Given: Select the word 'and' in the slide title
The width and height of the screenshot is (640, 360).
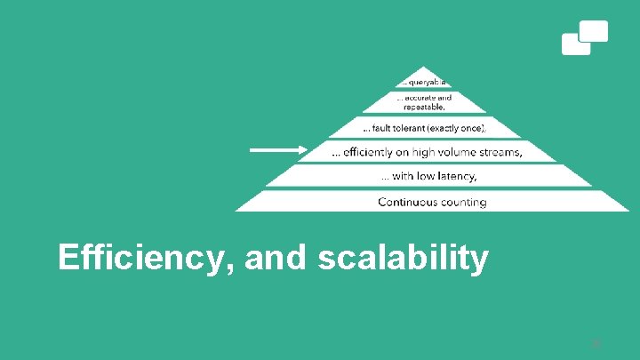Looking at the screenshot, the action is point(275,258).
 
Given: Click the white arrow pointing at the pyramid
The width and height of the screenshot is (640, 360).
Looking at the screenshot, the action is point(276,150).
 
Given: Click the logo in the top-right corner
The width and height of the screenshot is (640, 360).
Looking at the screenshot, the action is point(585,37).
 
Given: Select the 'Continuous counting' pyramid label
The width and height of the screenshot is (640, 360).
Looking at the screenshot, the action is point(432,202).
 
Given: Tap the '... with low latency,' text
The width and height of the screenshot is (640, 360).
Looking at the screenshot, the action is point(429,176).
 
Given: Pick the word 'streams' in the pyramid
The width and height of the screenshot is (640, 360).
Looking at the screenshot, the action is point(500,152).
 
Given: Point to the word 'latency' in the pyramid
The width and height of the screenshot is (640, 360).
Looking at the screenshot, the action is point(456,176).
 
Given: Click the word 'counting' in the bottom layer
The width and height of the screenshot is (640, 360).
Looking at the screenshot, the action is point(461,202).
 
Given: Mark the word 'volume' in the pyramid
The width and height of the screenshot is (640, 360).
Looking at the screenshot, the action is point(452,152).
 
